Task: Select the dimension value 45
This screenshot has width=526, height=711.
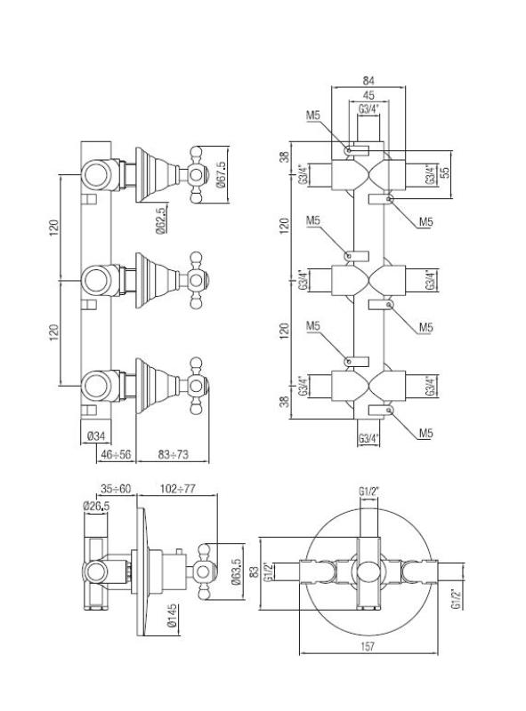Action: [x=369, y=96]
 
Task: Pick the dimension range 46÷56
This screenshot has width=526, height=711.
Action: [x=113, y=453]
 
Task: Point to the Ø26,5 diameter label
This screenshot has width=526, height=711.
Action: [x=95, y=506]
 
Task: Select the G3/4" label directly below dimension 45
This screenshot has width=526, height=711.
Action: [x=369, y=109]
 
